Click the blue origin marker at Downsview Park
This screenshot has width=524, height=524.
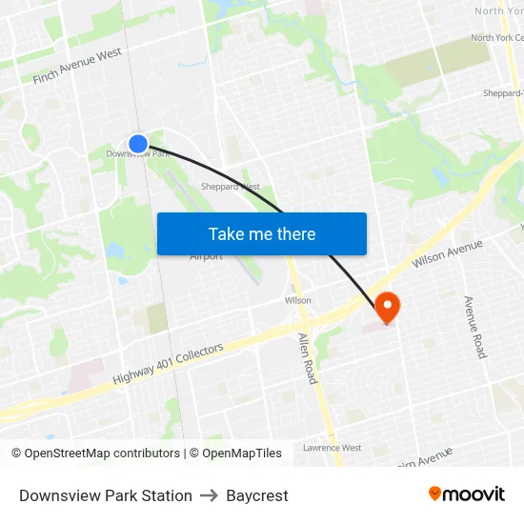coord(138,144)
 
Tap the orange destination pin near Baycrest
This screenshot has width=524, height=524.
coord(388,307)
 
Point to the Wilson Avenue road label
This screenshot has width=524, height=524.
coord(447,253)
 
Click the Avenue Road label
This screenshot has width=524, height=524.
coord(474,327)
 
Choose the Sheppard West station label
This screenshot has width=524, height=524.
coord(231,187)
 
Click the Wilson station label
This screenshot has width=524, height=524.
coord(297,300)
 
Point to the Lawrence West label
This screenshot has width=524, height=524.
coord(332,448)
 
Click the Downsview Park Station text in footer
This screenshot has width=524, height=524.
coord(106,495)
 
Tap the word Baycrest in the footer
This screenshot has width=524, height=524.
coord(257,495)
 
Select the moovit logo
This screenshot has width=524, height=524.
coord(466,494)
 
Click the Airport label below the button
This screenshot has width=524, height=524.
coord(206,256)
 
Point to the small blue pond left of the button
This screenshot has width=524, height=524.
coord(118,252)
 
